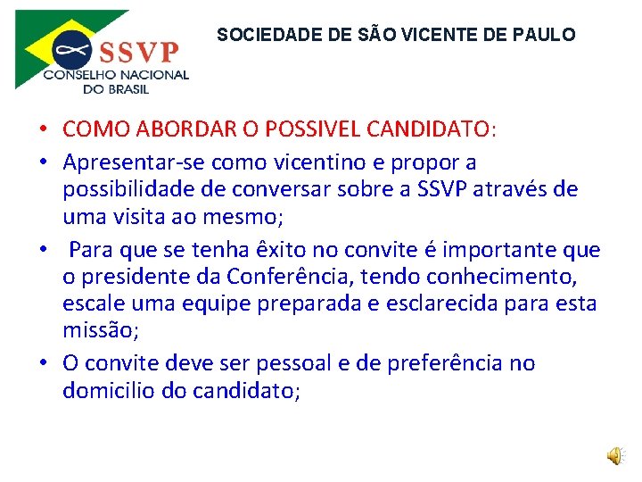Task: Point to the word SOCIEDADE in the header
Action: click(x=256, y=36)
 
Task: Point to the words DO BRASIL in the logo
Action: click(x=116, y=88)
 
